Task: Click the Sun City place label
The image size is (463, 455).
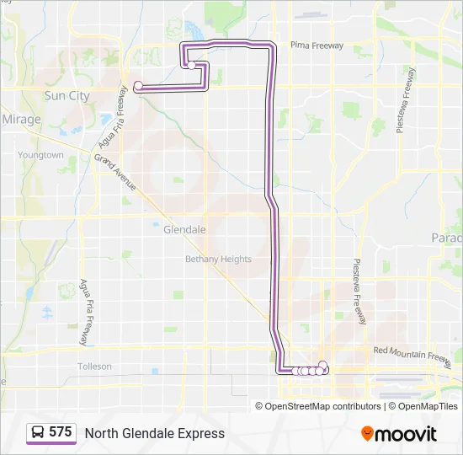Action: [67, 96]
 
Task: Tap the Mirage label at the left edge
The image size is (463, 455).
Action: [21, 120]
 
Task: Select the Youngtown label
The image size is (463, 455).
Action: [40, 155]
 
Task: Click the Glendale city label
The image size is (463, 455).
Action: [184, 229]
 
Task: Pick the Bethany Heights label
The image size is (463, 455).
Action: [218, 259]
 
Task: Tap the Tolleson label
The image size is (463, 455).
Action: [94, 367]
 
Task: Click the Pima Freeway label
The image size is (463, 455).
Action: [317, 45]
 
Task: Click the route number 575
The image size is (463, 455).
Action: [60, 431]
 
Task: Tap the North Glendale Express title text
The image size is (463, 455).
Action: [154, 433]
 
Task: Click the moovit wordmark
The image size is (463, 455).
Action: [407, 434]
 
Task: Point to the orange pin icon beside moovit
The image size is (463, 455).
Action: [368, 433]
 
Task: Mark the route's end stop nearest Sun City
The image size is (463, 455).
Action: [138, 85]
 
